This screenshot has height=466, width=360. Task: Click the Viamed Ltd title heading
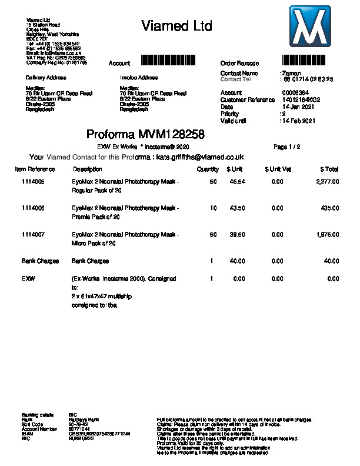pos(176,26)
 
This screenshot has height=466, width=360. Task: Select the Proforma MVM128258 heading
pos(145,134)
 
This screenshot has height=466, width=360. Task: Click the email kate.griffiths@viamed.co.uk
pos(200,157)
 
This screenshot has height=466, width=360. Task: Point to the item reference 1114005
pos(33,182)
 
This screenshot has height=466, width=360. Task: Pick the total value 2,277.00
pos(327,182)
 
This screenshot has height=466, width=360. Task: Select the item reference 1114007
pos(33,234)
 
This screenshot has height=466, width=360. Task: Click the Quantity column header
pos(208,169)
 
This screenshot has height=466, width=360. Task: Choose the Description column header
pos(87,169)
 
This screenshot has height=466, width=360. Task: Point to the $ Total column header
pos(329,169)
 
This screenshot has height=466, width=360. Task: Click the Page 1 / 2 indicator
pos(287,146)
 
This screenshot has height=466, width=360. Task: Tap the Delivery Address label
pos(46,78)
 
